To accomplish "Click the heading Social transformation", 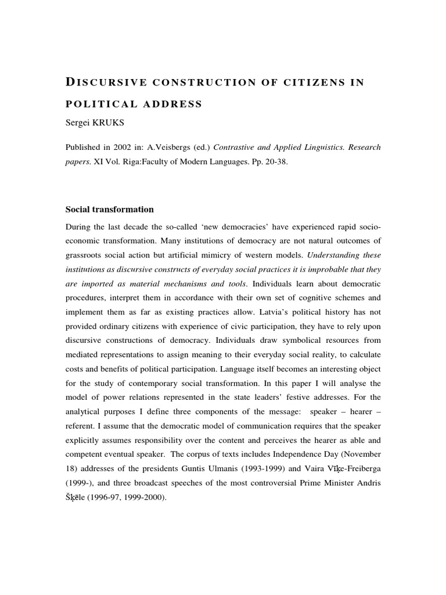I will tap(110, 209).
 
